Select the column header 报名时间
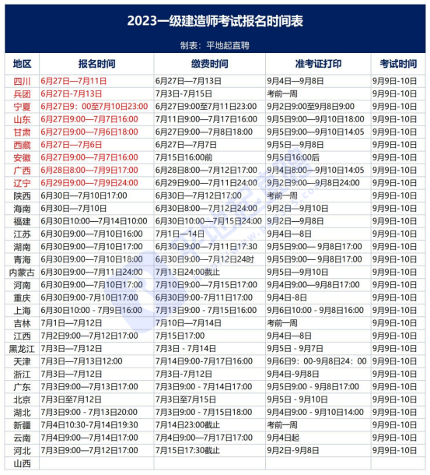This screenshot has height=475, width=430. point(96,63)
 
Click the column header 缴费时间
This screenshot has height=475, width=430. point(209,63)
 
